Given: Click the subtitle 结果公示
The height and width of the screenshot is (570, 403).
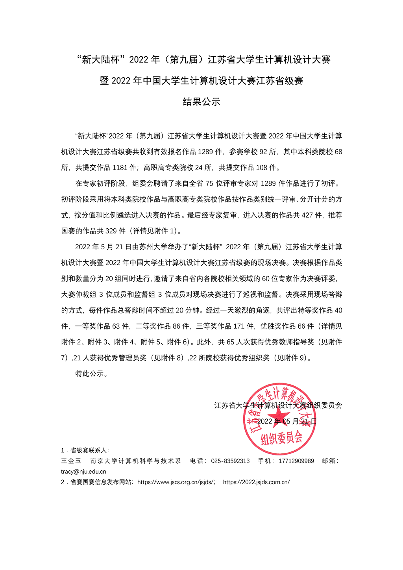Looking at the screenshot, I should coord(201,102).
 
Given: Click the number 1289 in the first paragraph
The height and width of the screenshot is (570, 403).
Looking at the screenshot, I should coord(205,152).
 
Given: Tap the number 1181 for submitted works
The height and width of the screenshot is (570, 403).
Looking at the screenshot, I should coord(120,168).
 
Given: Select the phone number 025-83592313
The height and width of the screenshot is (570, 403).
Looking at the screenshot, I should coord(230,461).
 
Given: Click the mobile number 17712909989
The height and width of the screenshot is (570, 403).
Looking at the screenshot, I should coord(296,461).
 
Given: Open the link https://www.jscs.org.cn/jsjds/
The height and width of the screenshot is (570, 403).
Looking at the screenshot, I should coord(176,482).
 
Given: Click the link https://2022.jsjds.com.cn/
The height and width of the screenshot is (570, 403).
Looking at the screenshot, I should coord(256,482).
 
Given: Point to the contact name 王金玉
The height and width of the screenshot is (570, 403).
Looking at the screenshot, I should coord(71,461).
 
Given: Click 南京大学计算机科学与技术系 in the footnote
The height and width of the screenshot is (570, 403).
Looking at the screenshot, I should coord(135,461).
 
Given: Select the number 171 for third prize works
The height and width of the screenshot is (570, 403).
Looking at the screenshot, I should coord(238,326).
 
